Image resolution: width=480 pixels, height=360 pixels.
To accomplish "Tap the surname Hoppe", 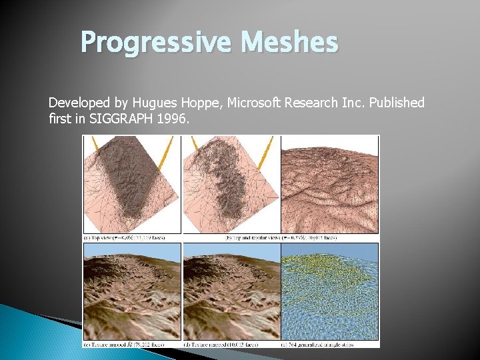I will pos(205,103).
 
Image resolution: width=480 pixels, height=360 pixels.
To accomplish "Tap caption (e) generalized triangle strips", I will pos(329,344).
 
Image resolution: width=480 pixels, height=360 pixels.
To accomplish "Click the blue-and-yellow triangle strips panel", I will pos(329,291).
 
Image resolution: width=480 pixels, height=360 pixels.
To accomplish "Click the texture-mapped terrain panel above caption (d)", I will pos(231,291).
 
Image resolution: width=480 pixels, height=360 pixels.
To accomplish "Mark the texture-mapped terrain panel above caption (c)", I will pos(131,291).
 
